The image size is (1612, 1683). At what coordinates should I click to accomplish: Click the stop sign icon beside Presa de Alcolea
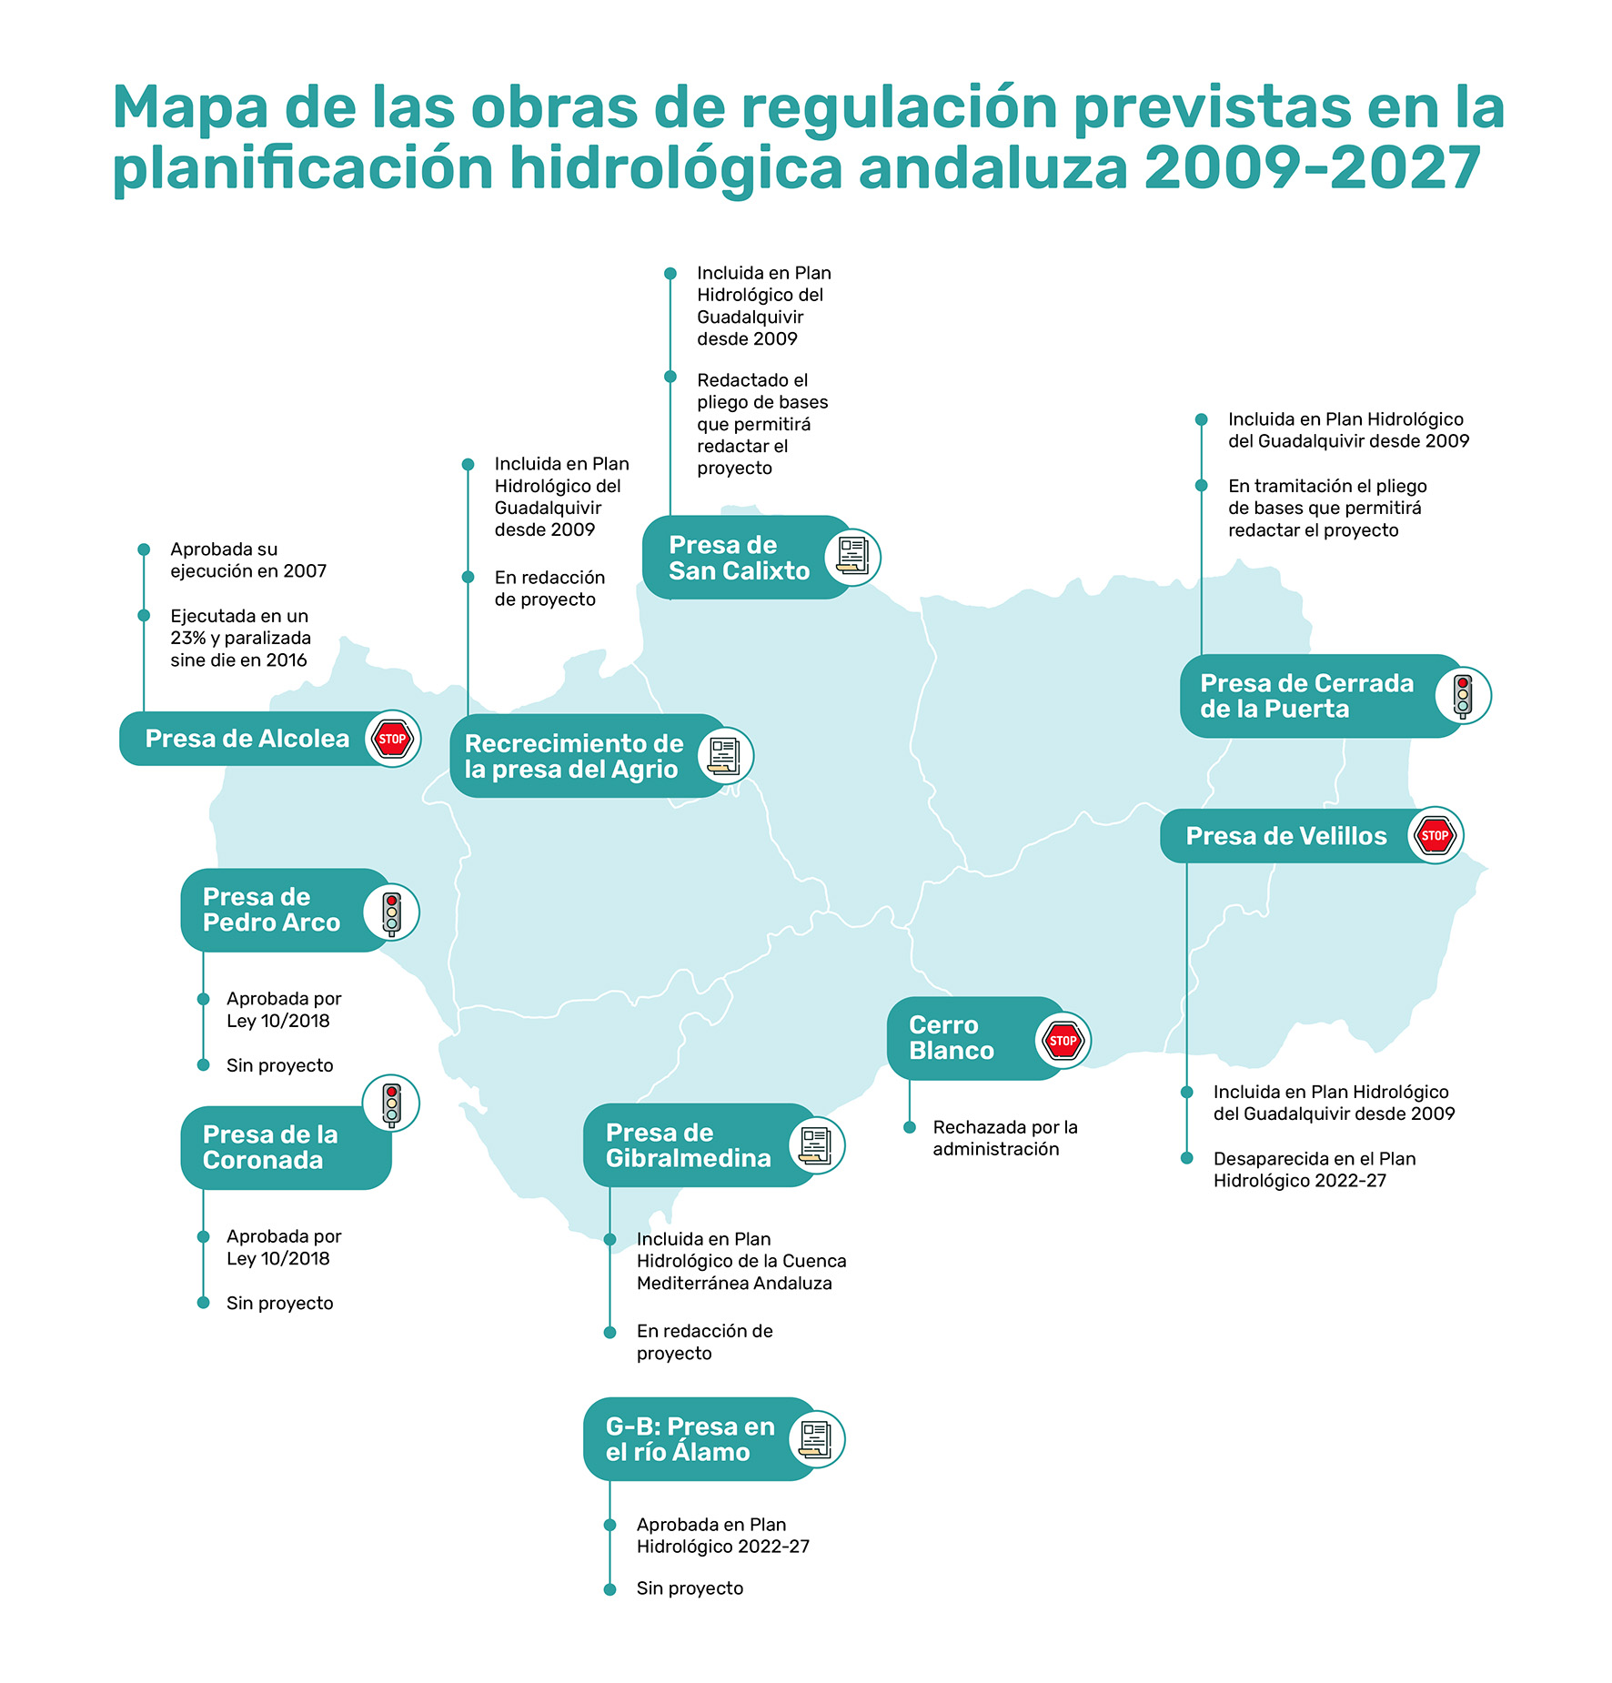coord(392,739)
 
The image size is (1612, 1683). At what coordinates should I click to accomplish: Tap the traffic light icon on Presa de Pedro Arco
coord(391,912)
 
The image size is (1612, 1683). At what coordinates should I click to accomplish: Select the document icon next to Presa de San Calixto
coord(852,556)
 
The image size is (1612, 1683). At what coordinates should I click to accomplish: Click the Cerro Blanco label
coord(951,1038)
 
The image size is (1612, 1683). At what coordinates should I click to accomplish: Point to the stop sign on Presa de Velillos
coord(1435,835)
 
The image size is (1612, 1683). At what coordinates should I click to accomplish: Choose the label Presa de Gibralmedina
coord(688,1145)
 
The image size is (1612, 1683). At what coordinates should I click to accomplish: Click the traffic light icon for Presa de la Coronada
coord(391,1104)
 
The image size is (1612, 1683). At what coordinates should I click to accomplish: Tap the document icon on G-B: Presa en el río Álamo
coord(816,1439)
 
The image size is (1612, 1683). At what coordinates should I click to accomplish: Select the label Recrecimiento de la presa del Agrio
coord(574,756)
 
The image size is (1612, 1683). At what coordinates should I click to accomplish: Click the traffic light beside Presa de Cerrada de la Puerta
coord(1462,696)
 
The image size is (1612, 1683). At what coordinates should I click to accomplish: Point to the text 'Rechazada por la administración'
coord(1004,1138)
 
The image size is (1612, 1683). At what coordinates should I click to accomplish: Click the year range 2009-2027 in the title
coord(1312,168)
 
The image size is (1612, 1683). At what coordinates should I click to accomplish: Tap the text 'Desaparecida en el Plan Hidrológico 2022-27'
coord(1314,1170)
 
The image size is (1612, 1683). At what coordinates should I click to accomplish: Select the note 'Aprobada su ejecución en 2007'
coord(247,560)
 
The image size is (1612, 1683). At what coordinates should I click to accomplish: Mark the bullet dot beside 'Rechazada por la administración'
coord(909,1127)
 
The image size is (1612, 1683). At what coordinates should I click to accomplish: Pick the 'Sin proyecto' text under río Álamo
coord(690,1588)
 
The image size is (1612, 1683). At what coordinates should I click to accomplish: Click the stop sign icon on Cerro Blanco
coord(1063,1041)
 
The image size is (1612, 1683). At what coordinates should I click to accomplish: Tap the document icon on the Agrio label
coord(725,756)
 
